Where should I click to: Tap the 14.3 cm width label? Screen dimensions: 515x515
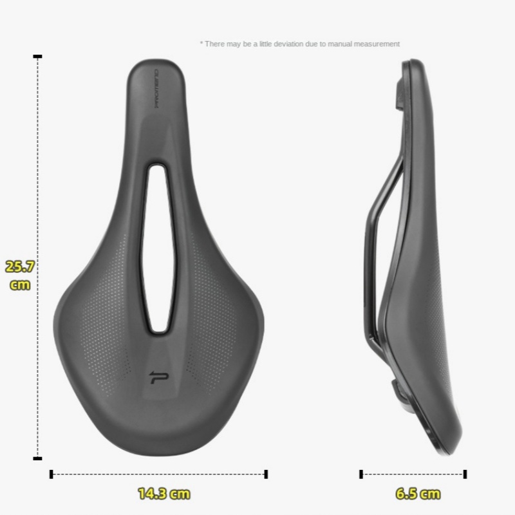(164, 494)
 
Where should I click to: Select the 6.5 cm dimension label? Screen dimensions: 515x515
(418, 494)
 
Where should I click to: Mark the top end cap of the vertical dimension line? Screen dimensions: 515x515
(38, 57)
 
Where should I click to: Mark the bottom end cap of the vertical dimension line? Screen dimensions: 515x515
(38, 458)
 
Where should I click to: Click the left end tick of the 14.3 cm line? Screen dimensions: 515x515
(51, 474)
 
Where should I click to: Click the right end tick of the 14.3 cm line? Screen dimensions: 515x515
(266, 474)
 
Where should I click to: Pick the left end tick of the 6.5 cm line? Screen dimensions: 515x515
(361, 474)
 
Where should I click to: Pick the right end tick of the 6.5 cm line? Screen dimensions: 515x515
(465, 474)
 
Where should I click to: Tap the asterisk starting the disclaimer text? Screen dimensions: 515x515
(201, 43)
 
